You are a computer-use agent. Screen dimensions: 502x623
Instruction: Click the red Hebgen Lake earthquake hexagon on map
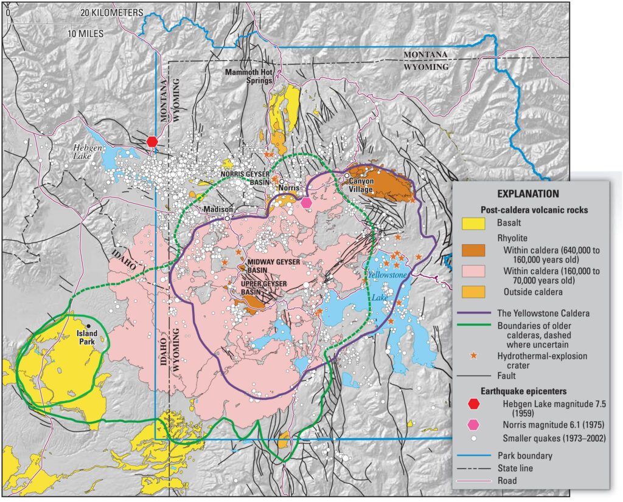[153, 141]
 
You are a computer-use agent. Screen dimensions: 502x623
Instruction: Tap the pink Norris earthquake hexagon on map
[307, 202]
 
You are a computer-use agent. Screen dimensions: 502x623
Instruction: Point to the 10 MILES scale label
[86, 33]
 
